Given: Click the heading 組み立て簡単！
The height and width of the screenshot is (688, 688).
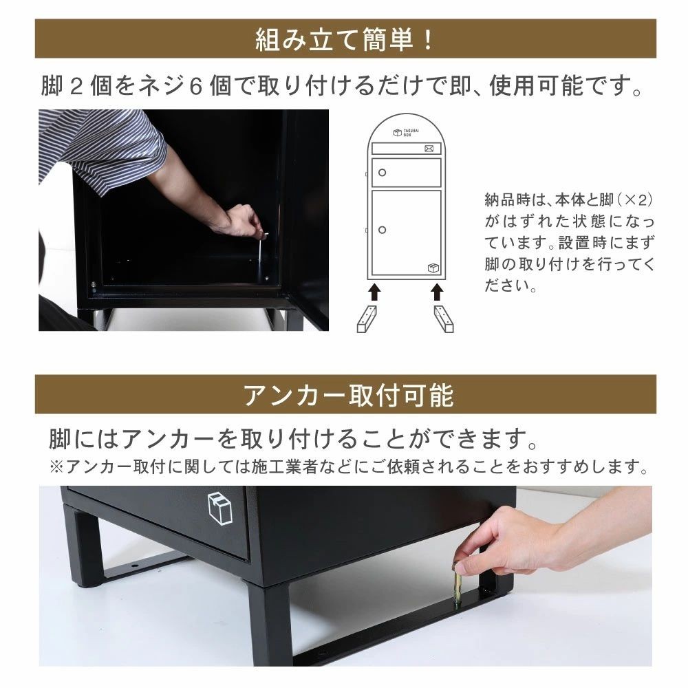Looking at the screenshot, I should coord(344,39).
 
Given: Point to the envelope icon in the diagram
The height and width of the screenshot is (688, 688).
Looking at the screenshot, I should coord(429,148).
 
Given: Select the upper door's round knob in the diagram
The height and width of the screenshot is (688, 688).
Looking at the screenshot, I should coord(383,172).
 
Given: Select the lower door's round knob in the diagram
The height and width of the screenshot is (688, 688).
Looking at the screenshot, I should coord(383,229).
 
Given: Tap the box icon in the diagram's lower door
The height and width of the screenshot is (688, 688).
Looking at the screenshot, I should coord(432,268).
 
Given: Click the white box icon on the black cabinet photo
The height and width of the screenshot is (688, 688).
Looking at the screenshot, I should coord(218,508).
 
